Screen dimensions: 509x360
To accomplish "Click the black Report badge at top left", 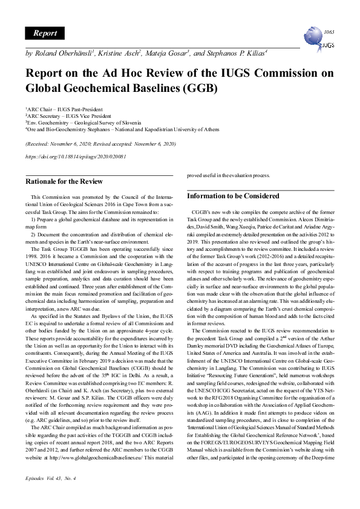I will [x=45, y=33].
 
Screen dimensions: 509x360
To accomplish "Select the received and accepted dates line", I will [x=100, y=144].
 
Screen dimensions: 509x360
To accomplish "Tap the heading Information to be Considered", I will [x=233, y=196].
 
